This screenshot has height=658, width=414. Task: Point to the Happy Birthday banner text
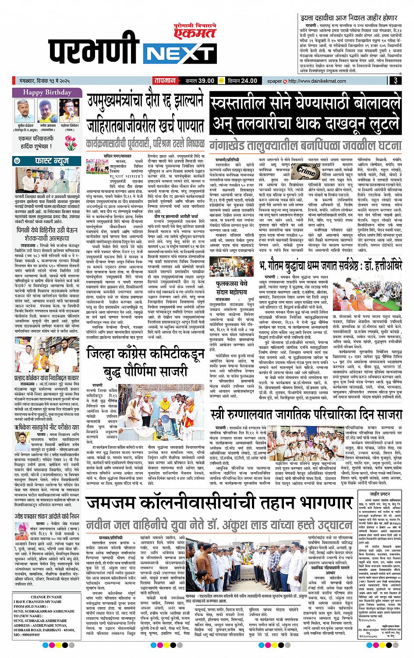pyautogui.click(x=47, y=92)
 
